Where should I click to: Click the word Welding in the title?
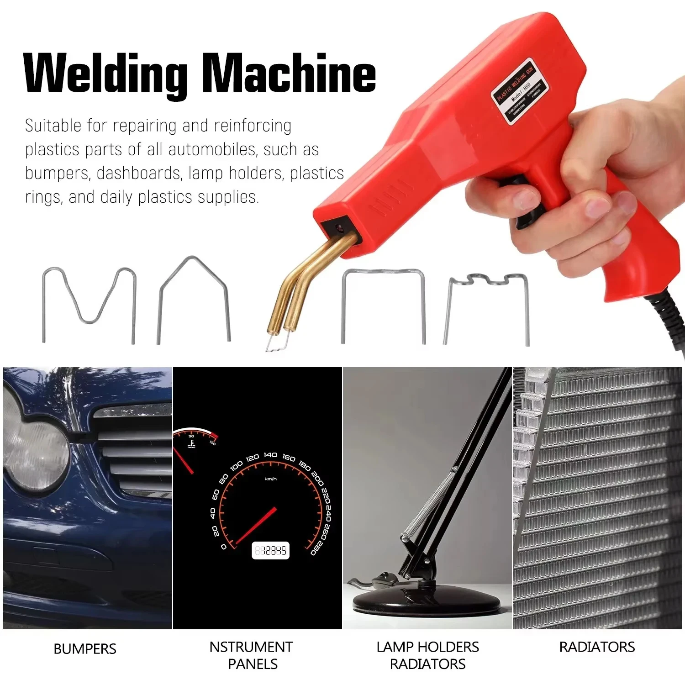click(x=105, y=73)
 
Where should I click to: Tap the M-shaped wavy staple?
click(x=90, y=301)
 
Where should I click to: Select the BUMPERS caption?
click(x=85, y=649)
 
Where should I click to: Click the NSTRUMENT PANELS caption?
click(x=252, y=655)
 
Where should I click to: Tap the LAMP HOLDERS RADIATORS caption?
click(x=427, y=655)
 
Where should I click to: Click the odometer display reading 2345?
click(x=270, y=551)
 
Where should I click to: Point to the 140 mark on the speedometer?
click(x=270, y=455)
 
